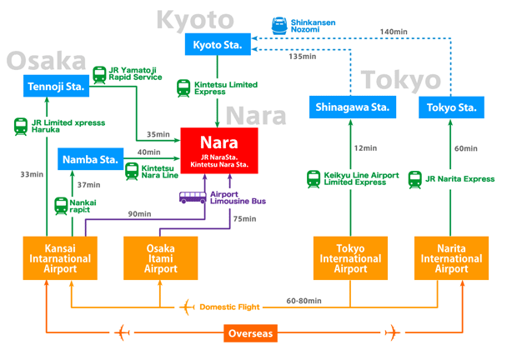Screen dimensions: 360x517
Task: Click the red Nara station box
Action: point(219,151)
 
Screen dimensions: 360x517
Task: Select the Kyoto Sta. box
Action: point(218,45)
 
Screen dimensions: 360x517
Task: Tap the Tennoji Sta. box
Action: point(56,86)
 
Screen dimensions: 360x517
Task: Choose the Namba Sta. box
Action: point(91,158)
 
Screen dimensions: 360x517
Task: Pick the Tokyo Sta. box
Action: point(451,107)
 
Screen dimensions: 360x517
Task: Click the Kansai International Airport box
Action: point(60,257)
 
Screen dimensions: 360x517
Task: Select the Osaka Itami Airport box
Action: point(160,257)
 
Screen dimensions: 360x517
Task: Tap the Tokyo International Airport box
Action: point(350,257)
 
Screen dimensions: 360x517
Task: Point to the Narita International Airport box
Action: point(451,257)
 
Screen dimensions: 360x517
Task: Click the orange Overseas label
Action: point(249,334)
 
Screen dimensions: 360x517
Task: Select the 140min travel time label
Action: point(393,32)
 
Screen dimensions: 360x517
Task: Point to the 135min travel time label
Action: point(302,57)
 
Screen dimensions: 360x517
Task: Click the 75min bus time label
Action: point(244,219)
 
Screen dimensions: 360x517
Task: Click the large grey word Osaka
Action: point(47,61)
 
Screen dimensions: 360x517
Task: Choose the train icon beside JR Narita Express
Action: point(414,178)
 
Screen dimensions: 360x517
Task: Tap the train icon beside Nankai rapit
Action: point(61,205)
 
